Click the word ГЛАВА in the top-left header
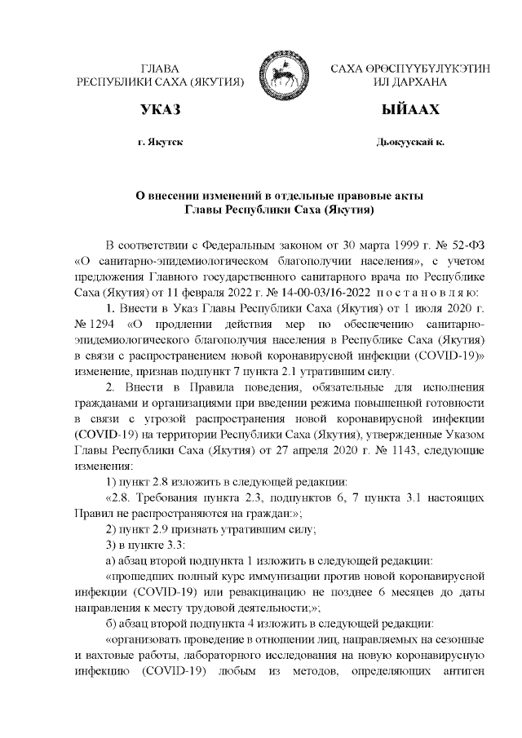pos(160,68)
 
